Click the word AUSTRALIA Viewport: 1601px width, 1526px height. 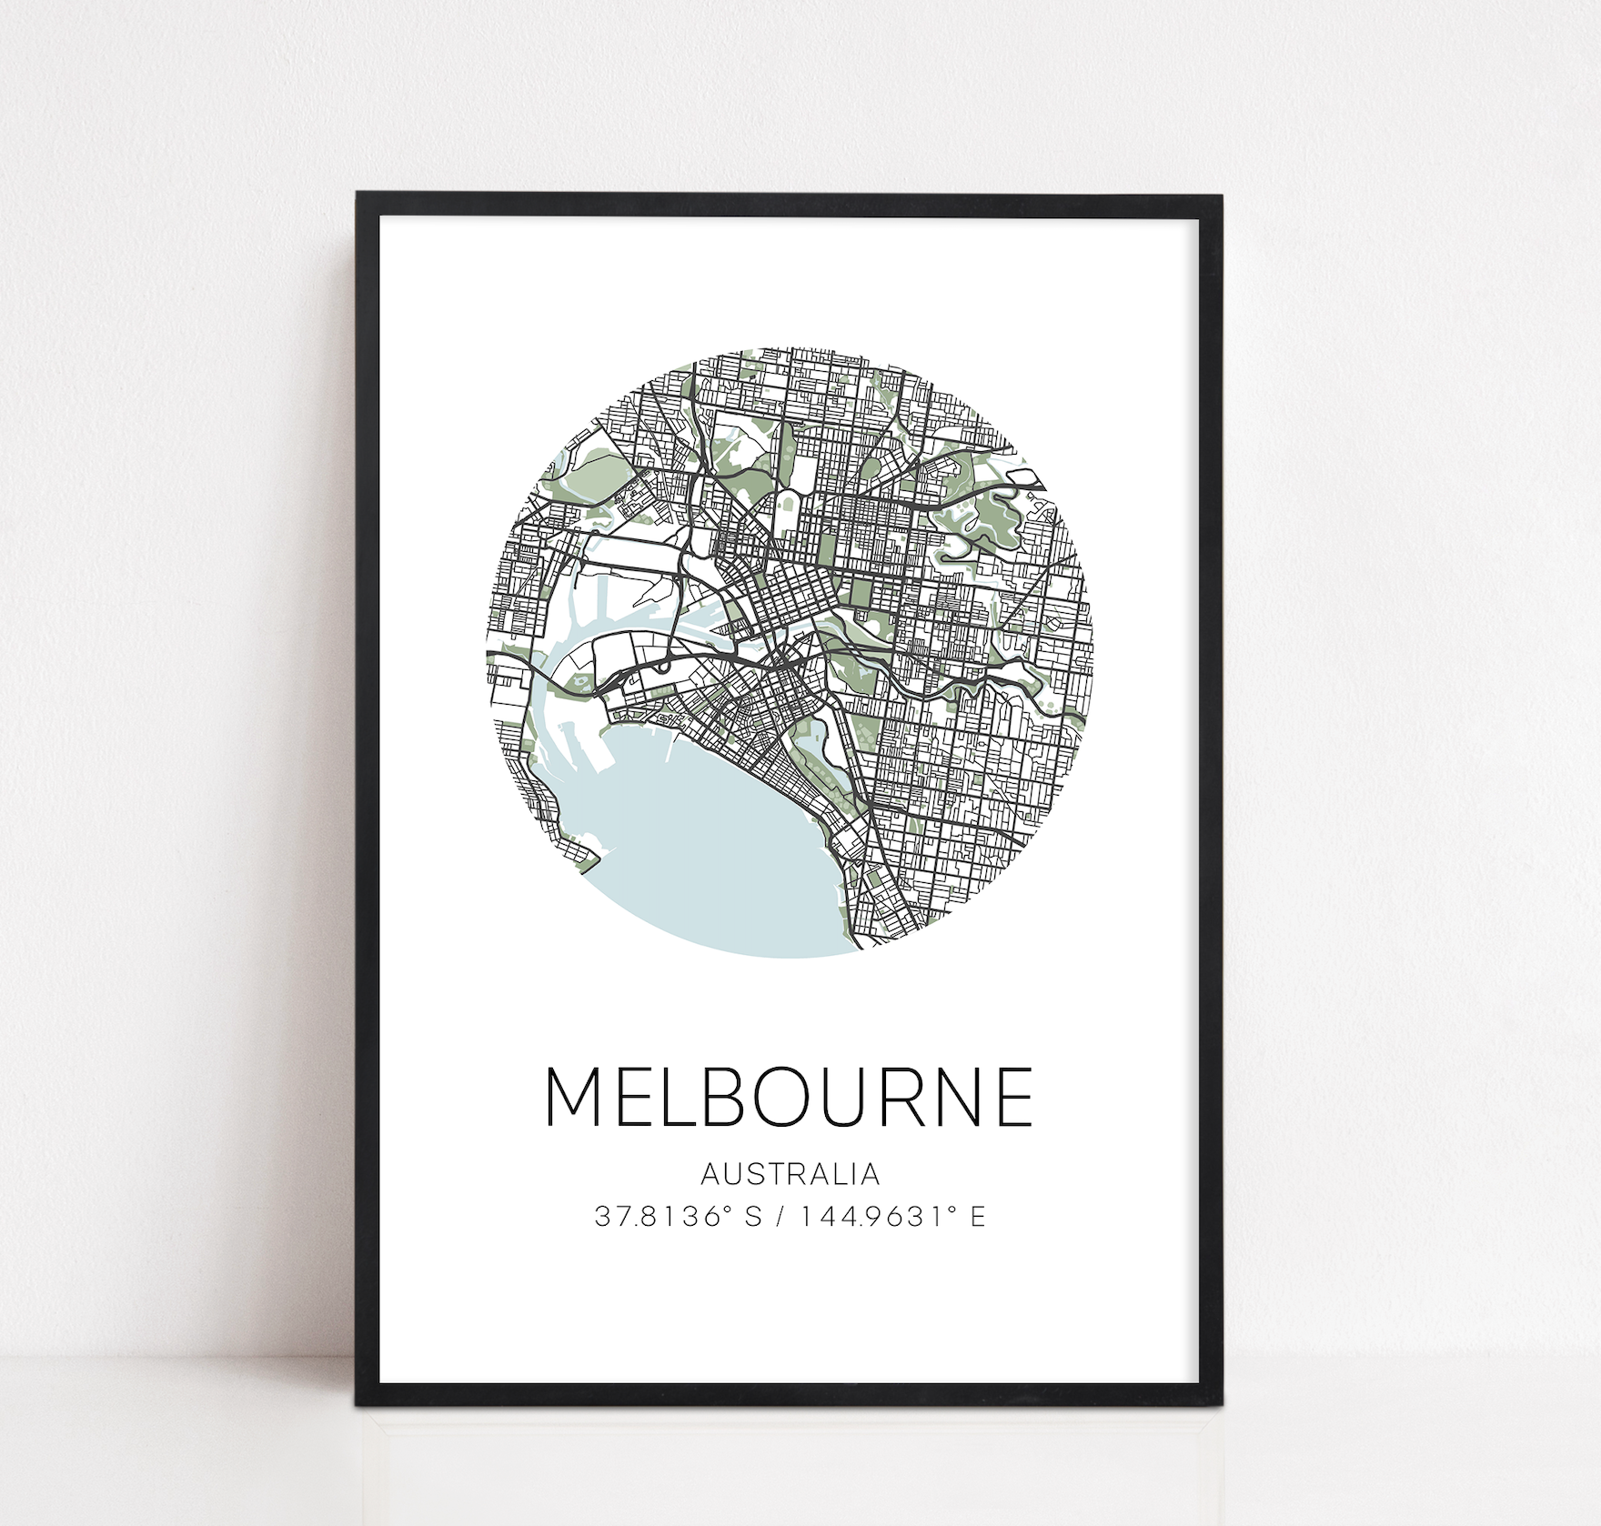tap(790, 1174)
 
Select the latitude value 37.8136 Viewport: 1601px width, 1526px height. tap(664, 1217)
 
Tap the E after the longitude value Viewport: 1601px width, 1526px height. tap(978, 1217)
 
